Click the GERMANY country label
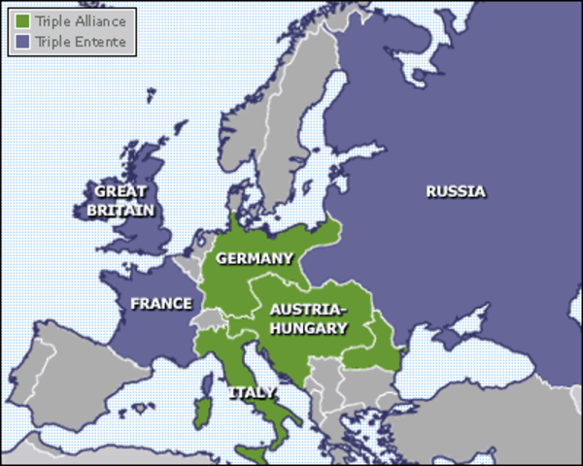pyautogui.click(x=254, y=258)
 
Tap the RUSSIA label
pyautogui.click(x=455, y=191)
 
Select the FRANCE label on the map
pyautogui.click(x=161, y=304)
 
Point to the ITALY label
pyautogui.click(x=252, y=393)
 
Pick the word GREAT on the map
pyautogui.click(x=120, y=192)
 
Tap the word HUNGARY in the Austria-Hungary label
pyautogui.click(x=308, y=328)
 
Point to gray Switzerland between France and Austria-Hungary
pyautogui.click(x=206, y=317)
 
